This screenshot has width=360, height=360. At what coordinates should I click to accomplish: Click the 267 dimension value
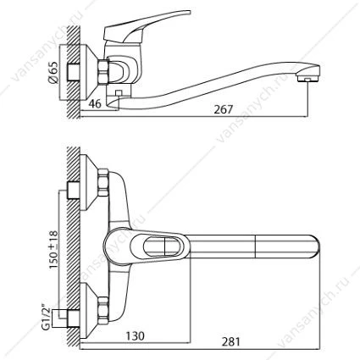[223, 109]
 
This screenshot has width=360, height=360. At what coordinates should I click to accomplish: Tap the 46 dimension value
[95, 103]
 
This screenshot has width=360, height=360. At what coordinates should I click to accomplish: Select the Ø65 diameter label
[53, 72]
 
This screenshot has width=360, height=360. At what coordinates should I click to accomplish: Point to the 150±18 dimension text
[53, 249]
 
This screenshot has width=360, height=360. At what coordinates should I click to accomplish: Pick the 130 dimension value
[135, 336]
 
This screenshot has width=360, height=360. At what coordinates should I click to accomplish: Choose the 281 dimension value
[230, 341]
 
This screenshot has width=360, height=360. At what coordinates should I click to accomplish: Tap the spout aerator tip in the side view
[308, 76]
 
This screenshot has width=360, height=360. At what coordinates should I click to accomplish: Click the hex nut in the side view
[103, 71]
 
